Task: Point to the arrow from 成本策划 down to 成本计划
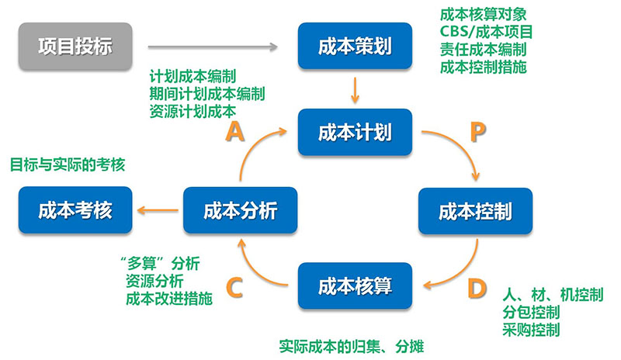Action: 354,89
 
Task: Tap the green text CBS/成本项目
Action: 485,32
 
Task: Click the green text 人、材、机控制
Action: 553,295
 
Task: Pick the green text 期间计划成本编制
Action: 207,94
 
